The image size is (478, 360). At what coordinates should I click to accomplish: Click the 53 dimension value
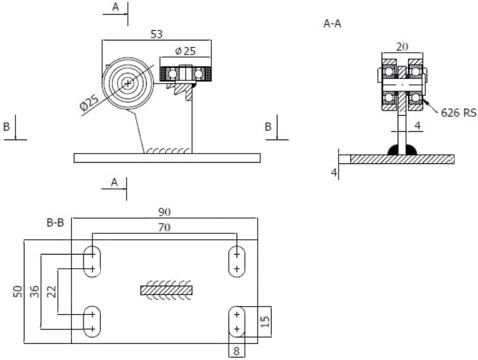(157, 34)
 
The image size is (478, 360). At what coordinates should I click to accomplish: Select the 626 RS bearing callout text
(459, 113)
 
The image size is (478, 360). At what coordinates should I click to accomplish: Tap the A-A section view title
(332, 24)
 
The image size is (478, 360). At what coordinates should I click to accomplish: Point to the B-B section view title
(55, 222)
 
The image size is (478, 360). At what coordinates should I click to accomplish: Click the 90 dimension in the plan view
(164, 212)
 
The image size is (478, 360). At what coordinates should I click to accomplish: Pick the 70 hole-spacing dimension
(164, 228)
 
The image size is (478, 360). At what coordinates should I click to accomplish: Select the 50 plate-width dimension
(18, 291)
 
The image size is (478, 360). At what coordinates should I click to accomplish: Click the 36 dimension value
(35, 291)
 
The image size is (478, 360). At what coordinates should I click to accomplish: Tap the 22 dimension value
(51, 291)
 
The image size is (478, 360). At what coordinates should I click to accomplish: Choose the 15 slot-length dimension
(265, 321)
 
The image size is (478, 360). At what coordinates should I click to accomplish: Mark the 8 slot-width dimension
(236, 351)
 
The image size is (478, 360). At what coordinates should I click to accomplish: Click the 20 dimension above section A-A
(402, 47)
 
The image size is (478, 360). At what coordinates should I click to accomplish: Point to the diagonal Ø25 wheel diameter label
(89, 102)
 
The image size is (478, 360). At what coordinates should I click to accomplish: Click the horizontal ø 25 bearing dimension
(185, 51)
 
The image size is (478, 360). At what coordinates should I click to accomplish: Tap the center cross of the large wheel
(128, 83)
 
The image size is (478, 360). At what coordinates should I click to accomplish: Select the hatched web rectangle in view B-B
(166, 290)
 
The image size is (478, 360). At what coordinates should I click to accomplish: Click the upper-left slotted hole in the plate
(92, 262)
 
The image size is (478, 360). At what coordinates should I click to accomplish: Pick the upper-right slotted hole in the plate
(237, 262)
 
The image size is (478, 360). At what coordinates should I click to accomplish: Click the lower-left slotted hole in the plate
(92, 321)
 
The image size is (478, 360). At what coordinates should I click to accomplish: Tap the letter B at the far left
(6, 126)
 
